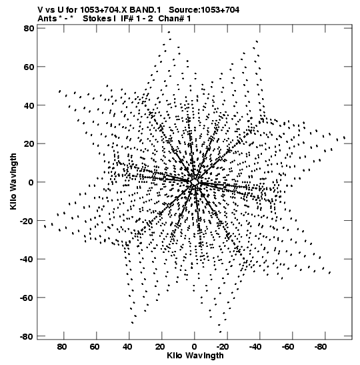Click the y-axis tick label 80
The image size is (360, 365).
29,29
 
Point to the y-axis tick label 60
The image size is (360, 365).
29,67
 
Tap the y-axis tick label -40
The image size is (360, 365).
27,259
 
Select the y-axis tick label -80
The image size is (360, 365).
27,336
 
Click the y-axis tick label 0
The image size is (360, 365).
31,182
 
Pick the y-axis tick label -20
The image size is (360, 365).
27,221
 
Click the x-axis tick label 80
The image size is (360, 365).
62,347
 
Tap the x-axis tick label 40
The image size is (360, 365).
127,347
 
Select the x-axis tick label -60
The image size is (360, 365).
288,347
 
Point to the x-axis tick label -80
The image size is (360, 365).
321,347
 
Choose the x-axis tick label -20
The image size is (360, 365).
223,347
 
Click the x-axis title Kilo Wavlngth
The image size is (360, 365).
195,356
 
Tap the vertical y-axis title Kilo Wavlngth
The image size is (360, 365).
13,181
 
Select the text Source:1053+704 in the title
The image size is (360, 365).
204,10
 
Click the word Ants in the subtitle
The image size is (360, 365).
47,19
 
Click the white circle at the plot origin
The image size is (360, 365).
195,182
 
